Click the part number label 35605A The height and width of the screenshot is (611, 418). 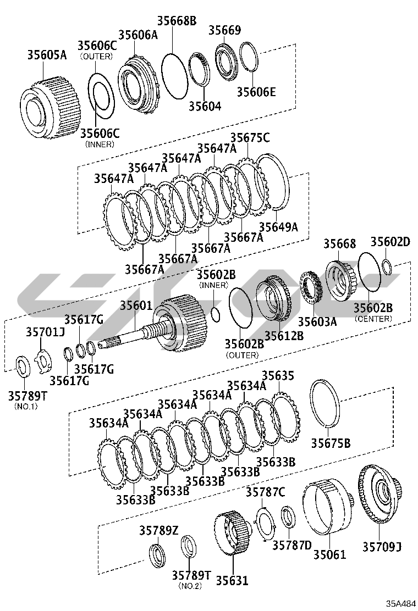[47, 55]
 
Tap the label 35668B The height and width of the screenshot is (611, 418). [177, 21]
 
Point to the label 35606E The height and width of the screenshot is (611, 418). [256, 92]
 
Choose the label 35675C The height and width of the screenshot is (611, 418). [250, 138]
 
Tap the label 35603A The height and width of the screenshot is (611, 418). [317, 322]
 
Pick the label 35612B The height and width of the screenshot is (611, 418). [284, 335]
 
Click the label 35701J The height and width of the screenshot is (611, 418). [45, 332]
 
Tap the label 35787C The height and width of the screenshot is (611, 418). [265, 492]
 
